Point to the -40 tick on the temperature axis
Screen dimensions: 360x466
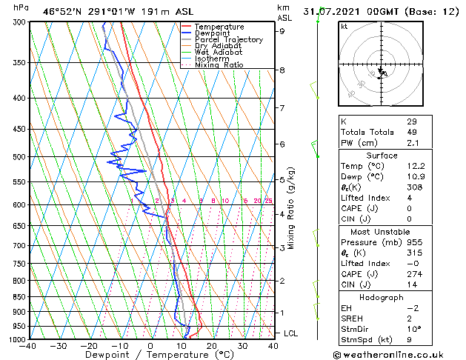click(28, 345)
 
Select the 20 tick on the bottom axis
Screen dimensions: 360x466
click(212, 345)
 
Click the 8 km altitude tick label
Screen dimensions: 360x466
click(282, 70)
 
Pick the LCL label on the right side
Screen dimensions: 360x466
click(290, 333)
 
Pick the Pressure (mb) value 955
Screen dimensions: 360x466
click(413, 242)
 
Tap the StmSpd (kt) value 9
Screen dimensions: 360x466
click(409, 340)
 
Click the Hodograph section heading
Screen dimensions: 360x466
click(382, 297)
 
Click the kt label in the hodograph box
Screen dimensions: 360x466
click(344, 26)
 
